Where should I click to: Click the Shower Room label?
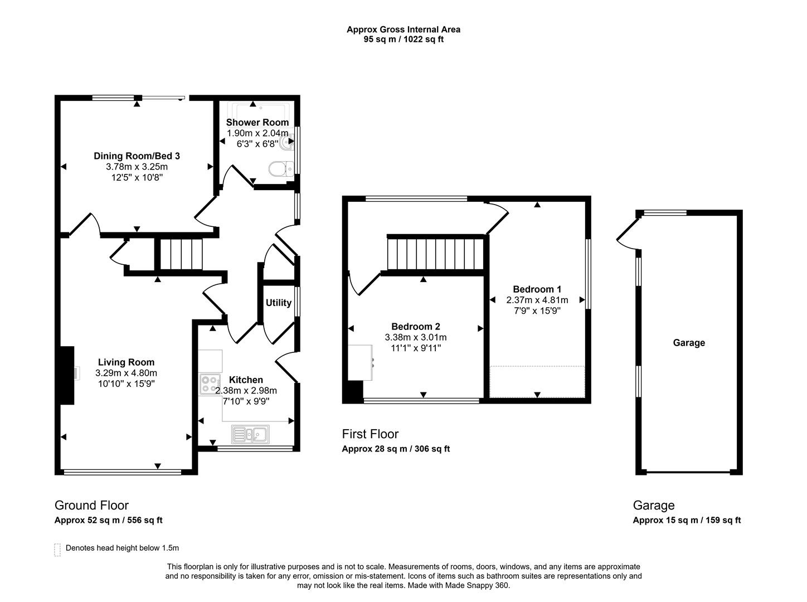click(257, 122)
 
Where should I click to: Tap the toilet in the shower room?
click(280, 168)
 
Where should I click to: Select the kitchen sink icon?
click(251, 434)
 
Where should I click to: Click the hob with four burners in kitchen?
click(210, 385)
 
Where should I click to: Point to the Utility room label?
click(278, 303)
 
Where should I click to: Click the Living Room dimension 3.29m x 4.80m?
click(126, 373)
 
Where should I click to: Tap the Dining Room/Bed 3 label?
click(137, 156)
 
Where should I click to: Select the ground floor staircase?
click(179, 254)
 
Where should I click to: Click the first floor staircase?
click(435, 254)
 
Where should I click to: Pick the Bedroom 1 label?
click(537, 289)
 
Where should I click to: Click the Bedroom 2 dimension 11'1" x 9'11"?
click(415, 348)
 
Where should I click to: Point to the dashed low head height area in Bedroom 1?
click(537, 382)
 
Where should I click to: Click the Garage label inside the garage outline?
click(689, 343)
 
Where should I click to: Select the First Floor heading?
click(370, 434)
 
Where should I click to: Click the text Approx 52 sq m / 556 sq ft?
click(108, 520)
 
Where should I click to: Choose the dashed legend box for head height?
click(57, 549)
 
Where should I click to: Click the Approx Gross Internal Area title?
click(403, 30)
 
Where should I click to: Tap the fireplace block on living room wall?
click(67, 375)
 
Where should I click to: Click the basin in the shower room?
click(288, 143)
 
